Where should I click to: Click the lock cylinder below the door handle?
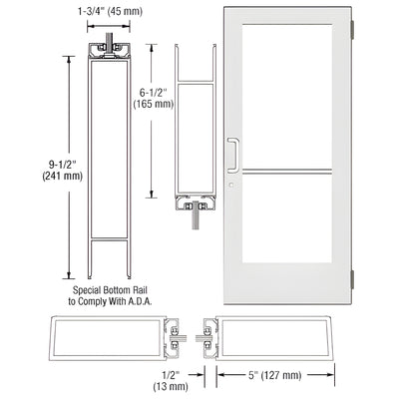230,184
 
